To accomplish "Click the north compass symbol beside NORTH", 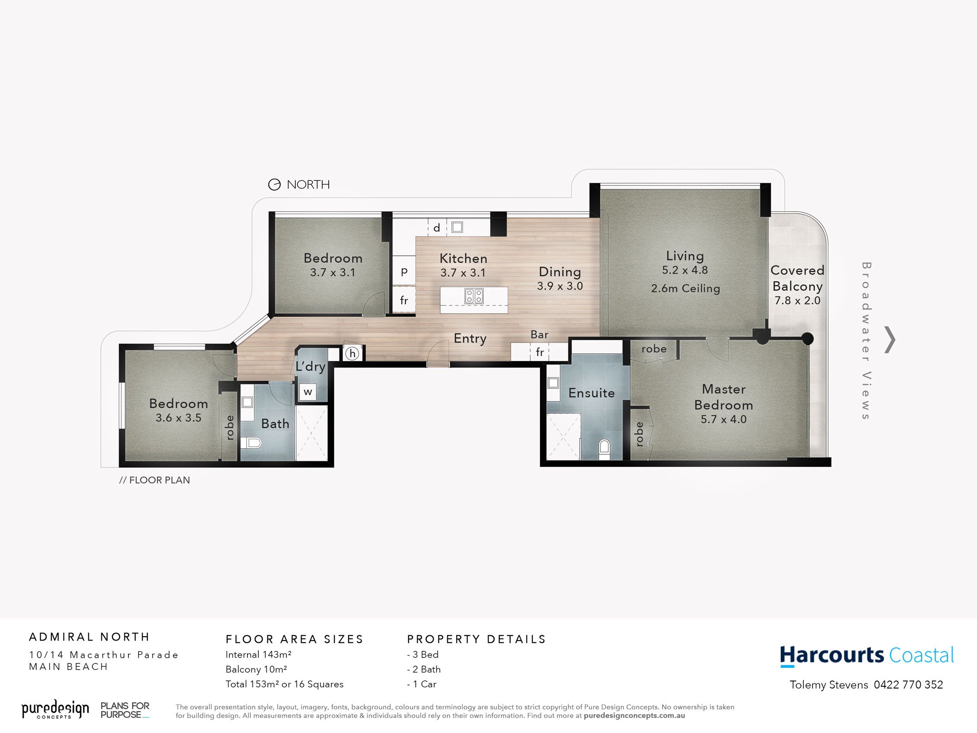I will pos(274,185).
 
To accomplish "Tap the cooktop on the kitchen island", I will pos(474,296).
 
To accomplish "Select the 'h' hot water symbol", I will pos(352,353).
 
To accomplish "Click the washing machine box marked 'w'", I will pos(308,391).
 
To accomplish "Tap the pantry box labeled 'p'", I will pos(404,271).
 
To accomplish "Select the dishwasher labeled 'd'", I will pos(437,228).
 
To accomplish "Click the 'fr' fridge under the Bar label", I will pos(540,352).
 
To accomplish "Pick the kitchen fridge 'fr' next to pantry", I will pos(404,301).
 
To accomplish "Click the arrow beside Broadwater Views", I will pos(890,340).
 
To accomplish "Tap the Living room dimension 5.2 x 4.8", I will pos(685,270).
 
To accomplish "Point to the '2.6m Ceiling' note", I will pos(685,289).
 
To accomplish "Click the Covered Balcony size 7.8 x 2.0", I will pos(797,301).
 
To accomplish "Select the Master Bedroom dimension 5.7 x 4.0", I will pos(723,419).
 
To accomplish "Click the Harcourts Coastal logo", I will pos(866,656).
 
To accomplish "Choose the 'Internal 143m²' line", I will pos(258,654).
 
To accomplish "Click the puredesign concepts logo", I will pos(55,709).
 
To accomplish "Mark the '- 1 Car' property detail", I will pos(422,684).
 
